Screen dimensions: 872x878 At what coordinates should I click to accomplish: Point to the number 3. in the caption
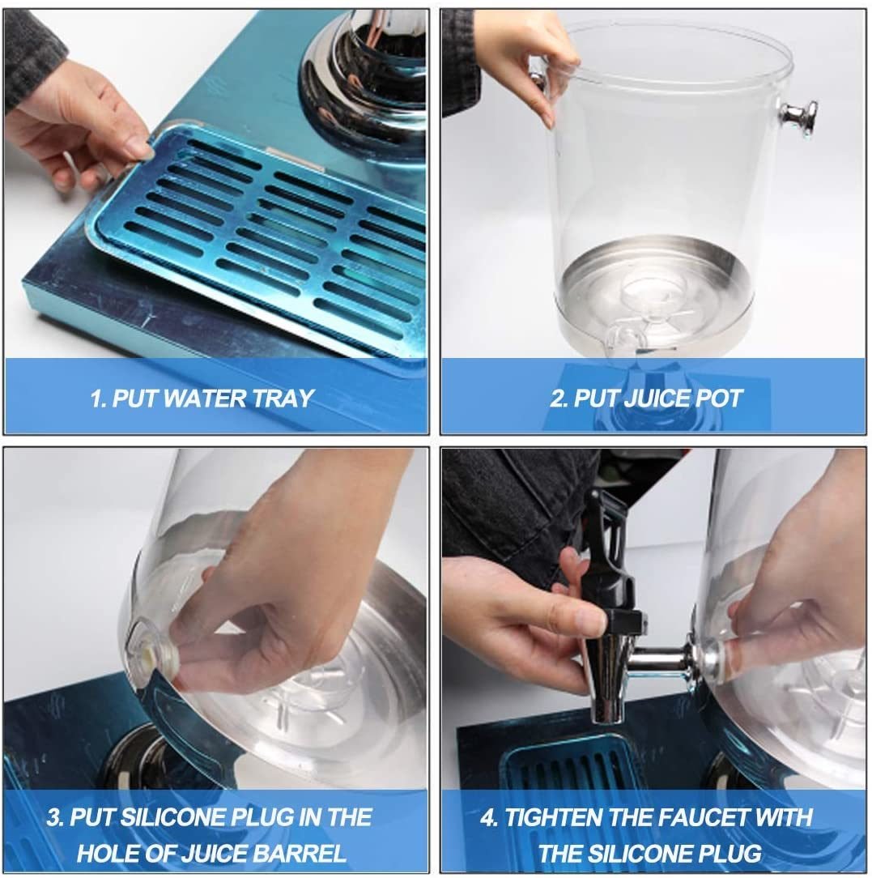pos(55,817)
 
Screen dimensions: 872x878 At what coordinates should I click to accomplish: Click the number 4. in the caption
pos(489,817)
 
